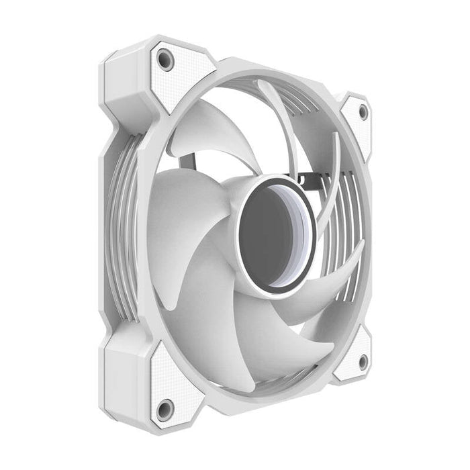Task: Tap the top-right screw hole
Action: [363, 112]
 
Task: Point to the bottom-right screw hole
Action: [363, 362]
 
